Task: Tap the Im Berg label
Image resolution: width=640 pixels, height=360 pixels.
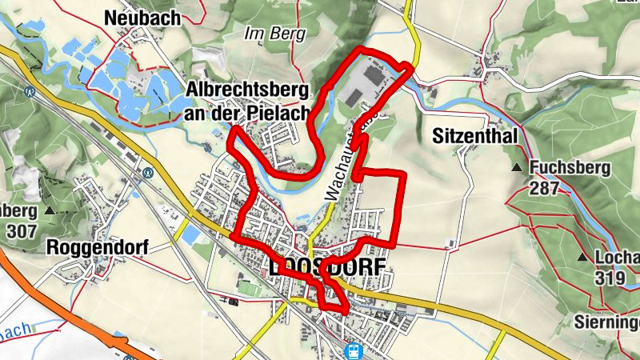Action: click(x=265, y=34)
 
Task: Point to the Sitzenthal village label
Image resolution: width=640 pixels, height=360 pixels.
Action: click(x=476, y=137)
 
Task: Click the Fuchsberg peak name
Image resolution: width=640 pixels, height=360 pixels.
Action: click(x=570, y=168)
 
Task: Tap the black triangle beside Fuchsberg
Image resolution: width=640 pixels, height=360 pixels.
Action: click(x=518, y=168)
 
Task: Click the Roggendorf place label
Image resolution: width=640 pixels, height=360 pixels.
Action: click(x=98, y=246)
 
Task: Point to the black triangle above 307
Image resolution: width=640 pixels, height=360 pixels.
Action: click(x=50, y=210)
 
